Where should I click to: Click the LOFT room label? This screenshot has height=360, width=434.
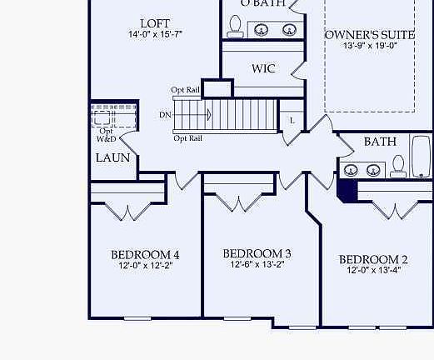[x=155, y=22]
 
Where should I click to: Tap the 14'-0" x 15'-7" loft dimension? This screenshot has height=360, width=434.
[x=155, y=35]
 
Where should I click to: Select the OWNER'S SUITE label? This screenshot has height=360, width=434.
[x=369, y=35]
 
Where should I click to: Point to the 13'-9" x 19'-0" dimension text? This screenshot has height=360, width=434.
[x=370, y=47]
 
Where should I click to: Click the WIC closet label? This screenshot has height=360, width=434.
[x=263, y=69]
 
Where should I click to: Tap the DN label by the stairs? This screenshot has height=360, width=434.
[x=165, y=114]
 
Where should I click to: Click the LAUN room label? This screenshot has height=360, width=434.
[x=112, y=157]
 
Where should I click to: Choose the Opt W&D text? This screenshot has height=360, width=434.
[x=107, y=134]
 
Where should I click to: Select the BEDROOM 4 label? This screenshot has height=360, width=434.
[x=145, y=255]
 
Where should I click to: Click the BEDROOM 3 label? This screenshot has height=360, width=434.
[x=257, y=253]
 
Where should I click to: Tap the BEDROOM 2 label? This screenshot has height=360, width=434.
[x=373, y=259]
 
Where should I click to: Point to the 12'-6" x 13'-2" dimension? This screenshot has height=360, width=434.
[x=257, y=265]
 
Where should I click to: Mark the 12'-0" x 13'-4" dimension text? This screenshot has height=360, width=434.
[x=373, y=271]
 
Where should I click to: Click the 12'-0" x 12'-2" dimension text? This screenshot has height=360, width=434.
[x=145, y=267]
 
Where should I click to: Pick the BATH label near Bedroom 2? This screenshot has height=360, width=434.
[x=380, y=142]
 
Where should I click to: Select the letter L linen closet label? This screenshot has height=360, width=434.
[x=292, y=121]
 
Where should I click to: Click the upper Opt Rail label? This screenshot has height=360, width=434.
[x=185, y=90]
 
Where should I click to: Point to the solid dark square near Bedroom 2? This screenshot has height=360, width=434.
[x=347, y=191]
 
